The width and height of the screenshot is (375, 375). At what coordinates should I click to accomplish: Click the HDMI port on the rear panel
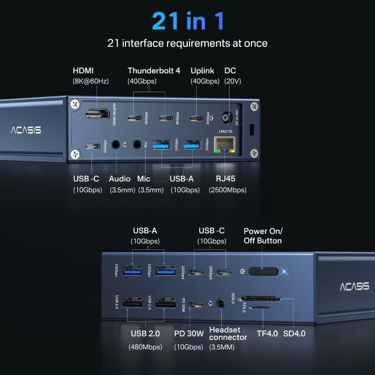point(97,114)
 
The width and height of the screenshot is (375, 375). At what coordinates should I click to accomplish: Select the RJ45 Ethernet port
point(225,144)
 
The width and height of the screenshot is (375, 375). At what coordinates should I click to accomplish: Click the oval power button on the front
point(263,271)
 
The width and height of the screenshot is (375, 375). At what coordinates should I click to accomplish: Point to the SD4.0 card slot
point(259,299)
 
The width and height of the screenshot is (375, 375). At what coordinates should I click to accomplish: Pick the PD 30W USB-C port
point(196,304)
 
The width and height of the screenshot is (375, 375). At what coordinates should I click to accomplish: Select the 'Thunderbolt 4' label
point(154,70)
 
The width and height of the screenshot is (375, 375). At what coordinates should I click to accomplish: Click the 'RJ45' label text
point(225,178)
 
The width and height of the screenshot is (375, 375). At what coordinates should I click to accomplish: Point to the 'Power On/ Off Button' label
point(262,236)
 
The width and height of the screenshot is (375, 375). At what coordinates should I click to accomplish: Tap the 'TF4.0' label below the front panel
point(267,333)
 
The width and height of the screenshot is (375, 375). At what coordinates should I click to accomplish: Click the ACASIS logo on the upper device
point(25,130)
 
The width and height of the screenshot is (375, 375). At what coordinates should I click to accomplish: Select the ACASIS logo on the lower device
point(354,287)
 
